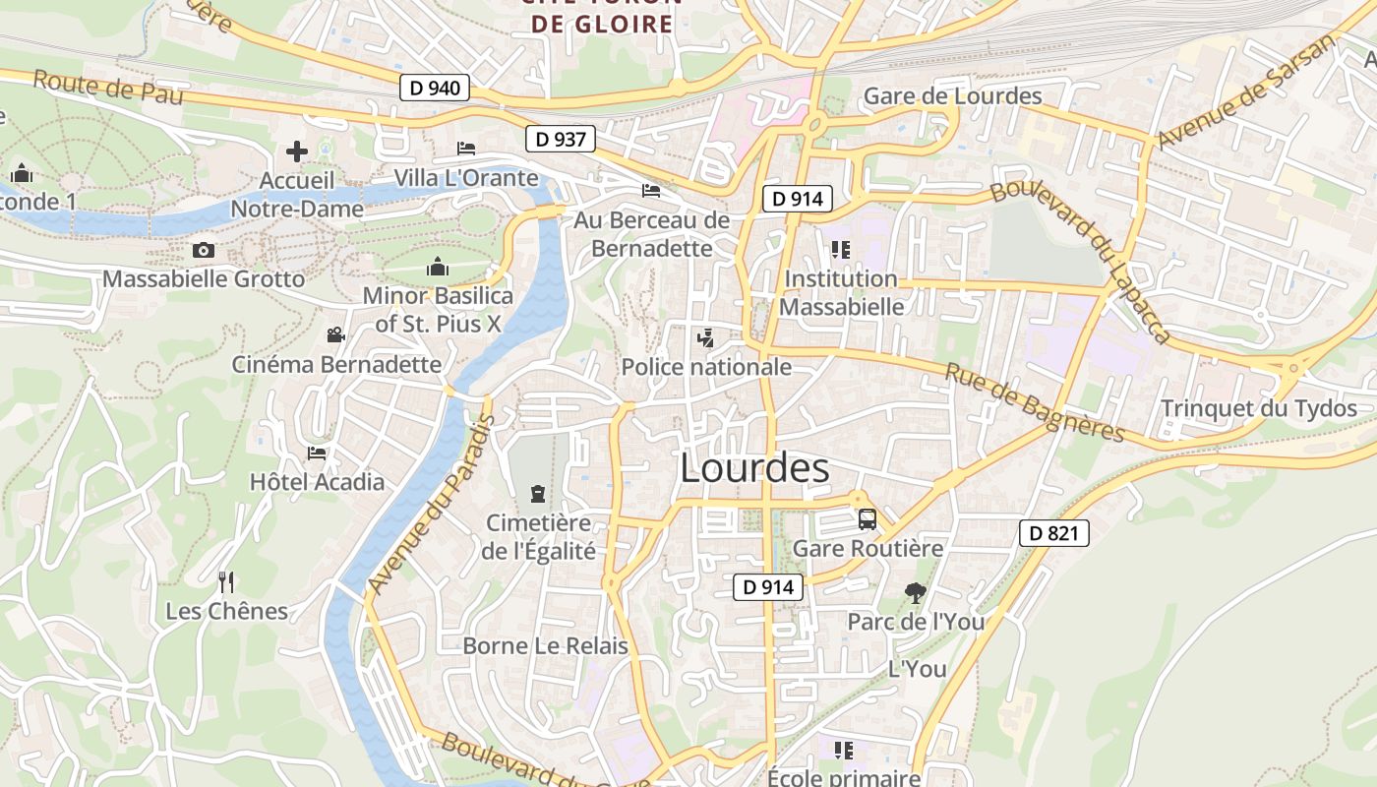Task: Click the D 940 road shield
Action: pyautogui.click(x=434, y=88)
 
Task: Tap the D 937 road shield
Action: pyautogui.click(x=560, y=139)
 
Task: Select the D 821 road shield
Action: pyautogui.click(x=1054, y=534)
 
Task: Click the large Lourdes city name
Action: pyautogui.click(x=754, y=469)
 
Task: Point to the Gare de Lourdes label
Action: pyautogui.click(x=952, y=96)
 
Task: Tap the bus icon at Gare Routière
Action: pyautogui.click(x=867, y=518)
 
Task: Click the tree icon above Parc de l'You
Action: pyautogui.click(x=916, y=592)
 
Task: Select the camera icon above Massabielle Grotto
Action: pyautogui.click(x=204, y=250)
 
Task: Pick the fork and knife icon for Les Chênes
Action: pyautogui.click(x=226, y=581)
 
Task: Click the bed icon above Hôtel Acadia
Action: pyautogui.click(x=317, y=453)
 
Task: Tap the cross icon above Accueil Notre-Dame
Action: pyautogui.click(x=297, y=151)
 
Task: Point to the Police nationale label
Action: pyautogui.click(x=706, y=367)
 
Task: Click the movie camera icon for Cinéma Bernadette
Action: pyautogui.click(x=336, y=334)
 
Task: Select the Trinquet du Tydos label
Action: pyautogui.click(x=1258, y=408)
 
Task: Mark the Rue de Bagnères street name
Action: pyautogui.click(x=1034, y=401)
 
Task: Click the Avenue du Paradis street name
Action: pyautogui.click(x=430, y=505)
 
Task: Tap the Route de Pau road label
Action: pyautogui.click(x=108, y=88)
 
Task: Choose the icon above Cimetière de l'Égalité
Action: pyautogui.click(x=538, y=492)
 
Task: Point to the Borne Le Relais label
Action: pyautogui.click(x=545, y=646)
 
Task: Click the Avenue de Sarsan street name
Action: pyautogui.click(x=1247, y=91)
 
